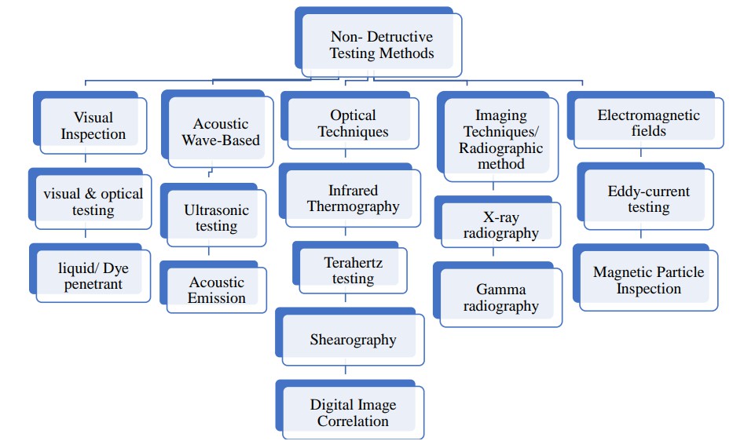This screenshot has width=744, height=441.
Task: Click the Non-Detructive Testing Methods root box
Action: (x=381, y=46)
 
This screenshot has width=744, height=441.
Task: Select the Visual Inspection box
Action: (x=93, y=126)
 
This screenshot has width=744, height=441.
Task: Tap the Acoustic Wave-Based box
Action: (x=220, y=132)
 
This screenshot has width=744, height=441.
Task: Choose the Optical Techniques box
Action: (x=353, y=123)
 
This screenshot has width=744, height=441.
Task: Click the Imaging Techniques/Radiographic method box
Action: (x=500, y=140)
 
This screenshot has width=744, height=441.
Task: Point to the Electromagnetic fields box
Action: (x=648, y=123)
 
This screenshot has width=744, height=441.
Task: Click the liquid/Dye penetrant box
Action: (x=93, y=276)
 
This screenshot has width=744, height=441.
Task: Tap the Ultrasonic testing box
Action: (x=216, y=218)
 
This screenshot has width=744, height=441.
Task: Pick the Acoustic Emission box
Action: (x=216, y=290)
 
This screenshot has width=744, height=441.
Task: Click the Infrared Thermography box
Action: (x=353, y=199)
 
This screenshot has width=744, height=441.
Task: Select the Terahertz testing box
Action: (x=353, y=270)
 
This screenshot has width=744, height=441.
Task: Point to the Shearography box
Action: (x=353, y=340)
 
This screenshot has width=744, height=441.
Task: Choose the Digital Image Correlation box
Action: (x=353, y=413)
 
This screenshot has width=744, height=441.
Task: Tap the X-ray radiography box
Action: (x=500, y=224)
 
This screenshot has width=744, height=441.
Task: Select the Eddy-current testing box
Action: (x=648, y=199)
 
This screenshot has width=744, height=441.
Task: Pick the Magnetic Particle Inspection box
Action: (x=648, y=280)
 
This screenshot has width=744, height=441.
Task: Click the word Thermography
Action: (x=353, y=206)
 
